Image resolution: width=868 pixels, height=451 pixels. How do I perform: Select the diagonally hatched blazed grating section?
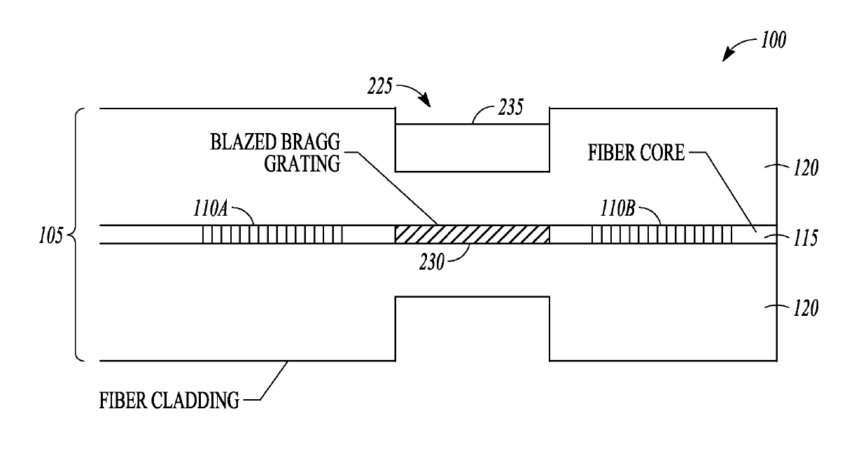pyautogui.click(x=472, y=235)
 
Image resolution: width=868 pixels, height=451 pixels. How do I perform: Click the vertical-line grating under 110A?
pyautogui.click(x=272, y=235)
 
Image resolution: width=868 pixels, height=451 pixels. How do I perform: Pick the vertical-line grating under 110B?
pyautogui.click(x=661, y=235)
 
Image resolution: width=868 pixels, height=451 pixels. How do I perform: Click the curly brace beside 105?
pyautogui.click(x=77, y=235)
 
